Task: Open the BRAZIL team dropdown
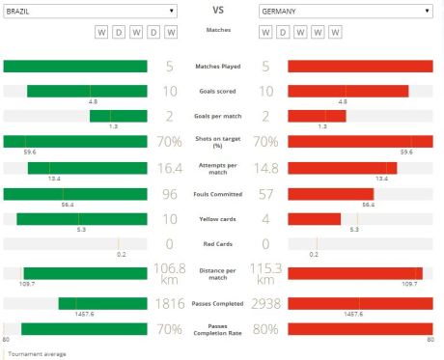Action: pyautogui.click(x=89, y=11)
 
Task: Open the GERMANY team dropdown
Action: pyautogui.click(x=345, y=11)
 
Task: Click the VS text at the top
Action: pyautogui.click(x=218, y=11)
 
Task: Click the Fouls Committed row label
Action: pyautogui.click(x=218, y=193)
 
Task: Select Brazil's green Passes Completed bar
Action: pyautogui.click(x=102, y=303)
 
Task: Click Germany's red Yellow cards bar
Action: pyautogui.click(x=314, y=218)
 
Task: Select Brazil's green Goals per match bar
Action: pyautogui.click(x=118, y=116)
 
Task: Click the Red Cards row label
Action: pyautogui.click(x=218, y=243)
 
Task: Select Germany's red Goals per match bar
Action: pyautogui.click(x=317, y=116)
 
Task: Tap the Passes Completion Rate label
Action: pyautogui.click(x=218, y=330)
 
